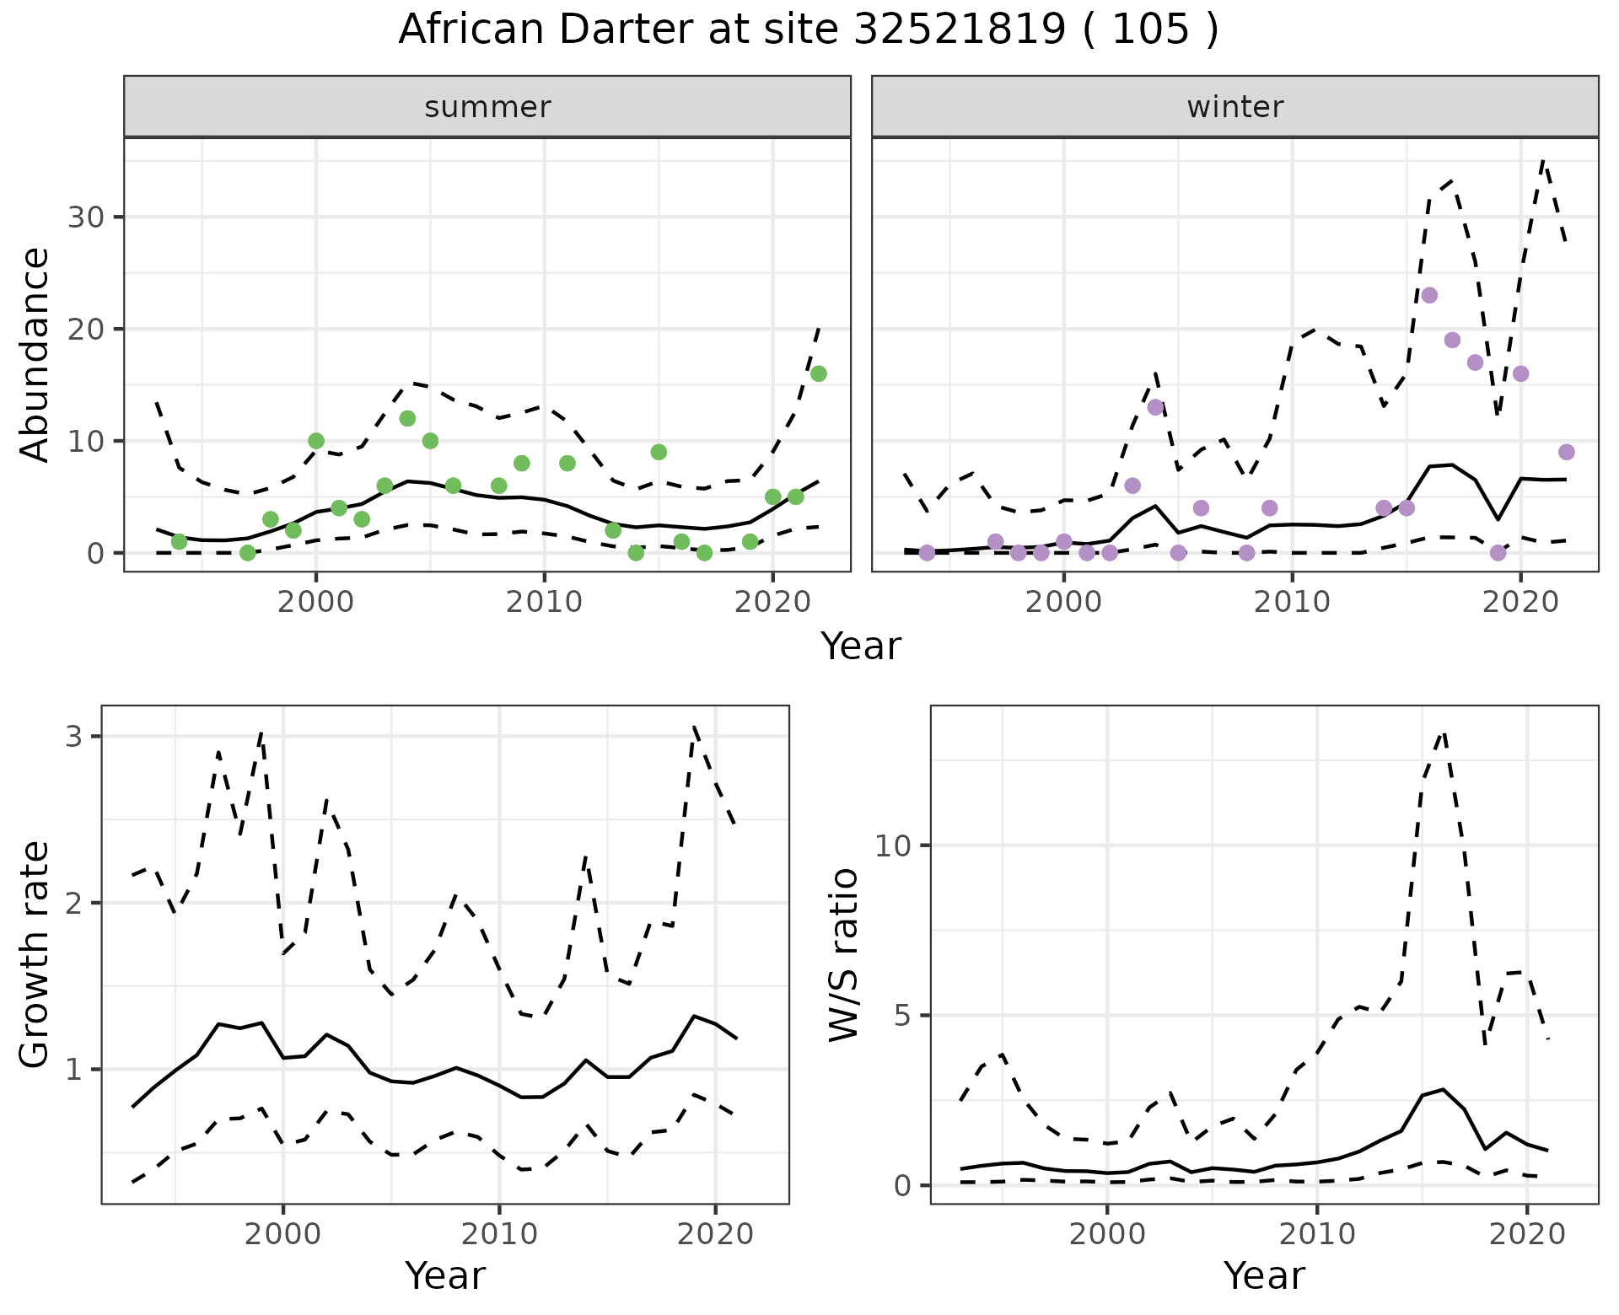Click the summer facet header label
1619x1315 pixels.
tap(487, 107)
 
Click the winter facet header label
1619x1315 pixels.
tap(1234, 107)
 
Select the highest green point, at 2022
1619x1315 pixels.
tap(818, 373)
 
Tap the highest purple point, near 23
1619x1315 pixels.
tap(1429, 295)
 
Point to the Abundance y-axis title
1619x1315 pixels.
tap(35, 354)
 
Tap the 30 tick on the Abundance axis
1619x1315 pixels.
tap(84, 217)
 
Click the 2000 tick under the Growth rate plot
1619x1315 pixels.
tap(283, 1235)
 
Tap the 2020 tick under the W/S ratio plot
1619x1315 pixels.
tap(1527, 1235)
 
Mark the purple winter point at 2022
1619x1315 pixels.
tap(1566, 452)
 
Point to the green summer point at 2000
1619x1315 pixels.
tap(316, 441)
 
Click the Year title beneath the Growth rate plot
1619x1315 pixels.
tap(445, 1275)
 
